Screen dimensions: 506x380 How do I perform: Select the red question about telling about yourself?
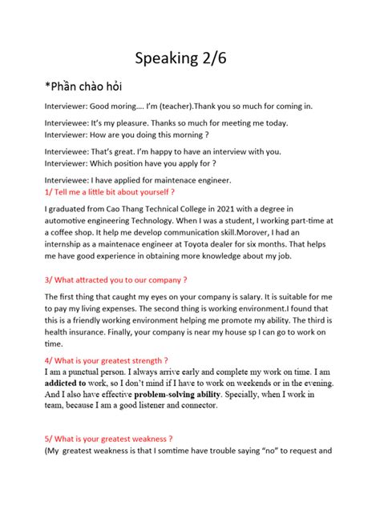click(x=110, y=193)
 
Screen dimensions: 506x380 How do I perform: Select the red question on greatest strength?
click(x=107, y=361)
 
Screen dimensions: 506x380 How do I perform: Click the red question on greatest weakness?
click(x=109, y=439)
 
